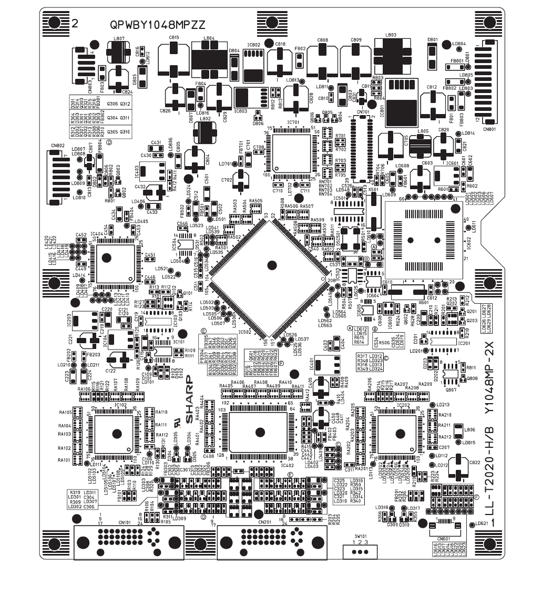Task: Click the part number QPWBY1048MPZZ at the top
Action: point(157,25)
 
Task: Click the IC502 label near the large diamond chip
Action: point(245,332)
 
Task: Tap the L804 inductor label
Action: point(208,38)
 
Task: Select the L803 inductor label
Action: point(391,35)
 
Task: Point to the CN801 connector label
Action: point(489,128)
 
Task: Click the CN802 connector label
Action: point(57,146)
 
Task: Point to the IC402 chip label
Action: point(288,465)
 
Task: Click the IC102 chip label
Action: point(120,405)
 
